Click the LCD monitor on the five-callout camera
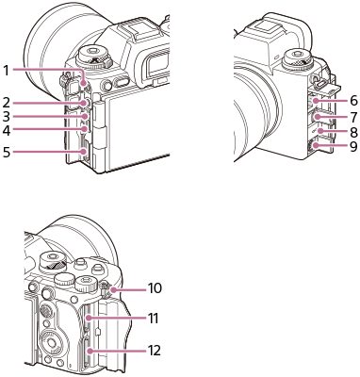click(132, 127)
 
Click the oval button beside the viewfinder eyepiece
click(121, 85)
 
